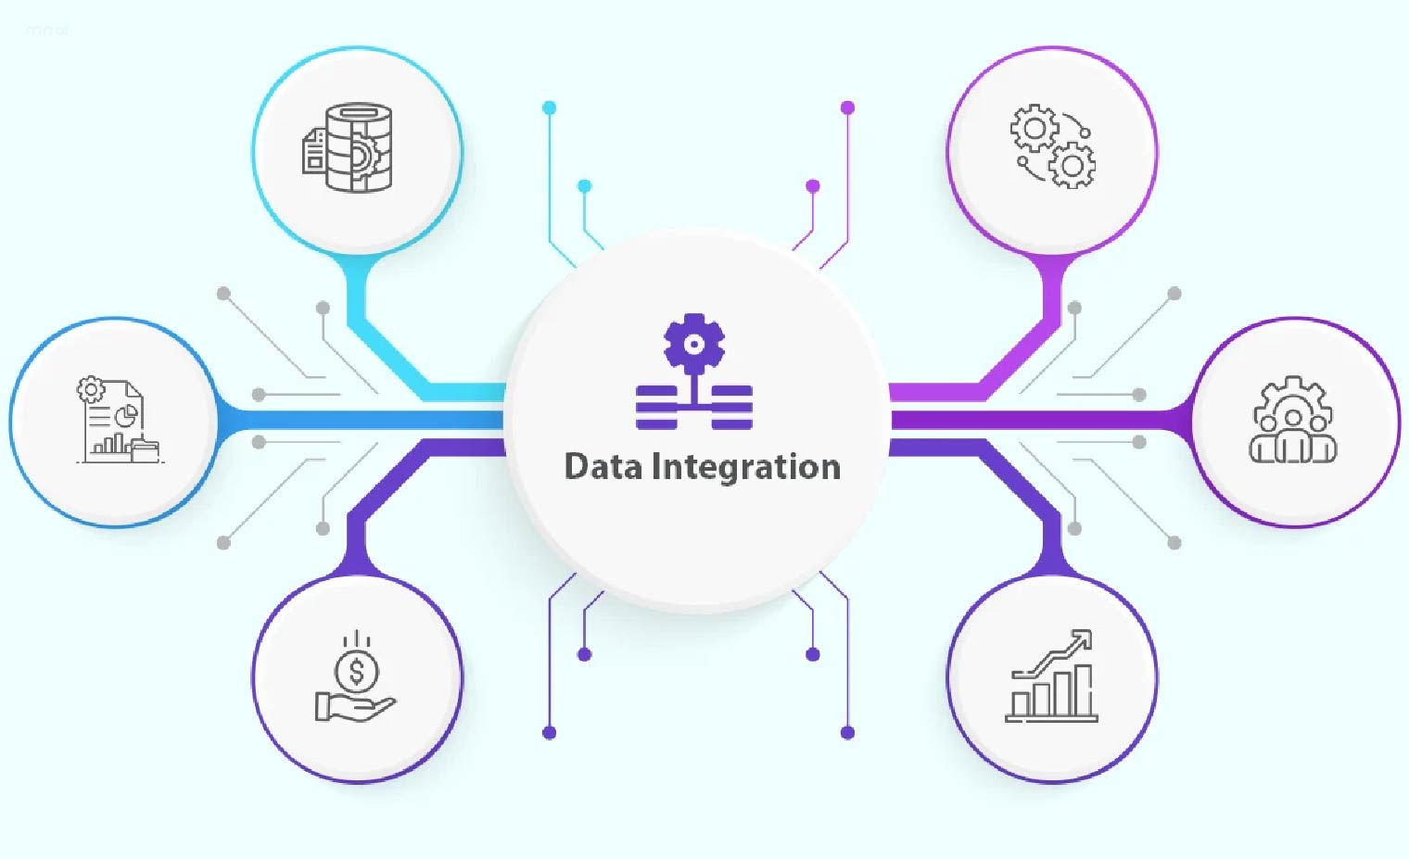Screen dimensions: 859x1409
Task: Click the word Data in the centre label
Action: (x=603, y=466)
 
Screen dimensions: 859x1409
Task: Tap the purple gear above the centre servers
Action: (x=694, y=343)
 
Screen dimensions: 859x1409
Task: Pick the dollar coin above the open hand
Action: (x=357, y=670)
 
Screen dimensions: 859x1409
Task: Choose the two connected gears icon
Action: (x=1052, y=146)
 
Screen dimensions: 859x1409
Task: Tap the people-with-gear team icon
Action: (x=1293, y=421)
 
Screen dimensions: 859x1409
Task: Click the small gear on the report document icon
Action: (x=91, y=389)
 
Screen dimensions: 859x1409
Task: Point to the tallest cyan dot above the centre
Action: (x=549, y=108)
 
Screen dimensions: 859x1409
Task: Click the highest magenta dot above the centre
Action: (x=847, y=108)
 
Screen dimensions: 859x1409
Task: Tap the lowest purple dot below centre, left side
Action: (x=549, y=733)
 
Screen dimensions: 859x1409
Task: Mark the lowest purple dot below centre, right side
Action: (x=847, y=733)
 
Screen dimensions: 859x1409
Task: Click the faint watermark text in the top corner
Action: (x=46, y=30)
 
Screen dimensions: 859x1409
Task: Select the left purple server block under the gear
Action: (x=656, y=408)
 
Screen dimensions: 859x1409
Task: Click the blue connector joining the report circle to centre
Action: (x=362, y=421)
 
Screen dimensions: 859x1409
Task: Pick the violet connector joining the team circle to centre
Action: (x=1038, y=421)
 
